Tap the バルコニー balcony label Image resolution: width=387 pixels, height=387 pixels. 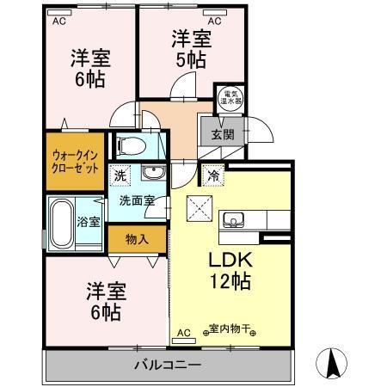167,365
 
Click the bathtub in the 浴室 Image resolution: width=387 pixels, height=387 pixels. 62,221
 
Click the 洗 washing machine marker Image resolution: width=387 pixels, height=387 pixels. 120,175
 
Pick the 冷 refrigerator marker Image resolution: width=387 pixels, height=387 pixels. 212,175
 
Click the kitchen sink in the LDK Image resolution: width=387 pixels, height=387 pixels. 234,219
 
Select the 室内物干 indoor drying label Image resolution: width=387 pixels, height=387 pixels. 225,328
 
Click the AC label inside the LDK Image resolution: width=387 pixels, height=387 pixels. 182,332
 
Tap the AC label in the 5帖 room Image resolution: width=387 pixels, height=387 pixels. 215,19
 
